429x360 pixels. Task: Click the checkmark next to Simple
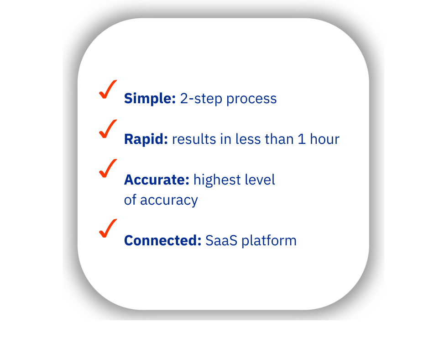pos(108,89)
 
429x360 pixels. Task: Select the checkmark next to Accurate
pos(108,169)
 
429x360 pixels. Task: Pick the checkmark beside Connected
pos(108,228)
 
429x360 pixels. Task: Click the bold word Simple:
pos(150,99)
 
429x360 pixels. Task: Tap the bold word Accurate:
pos(157,180)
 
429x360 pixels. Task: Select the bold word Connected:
pos(162,240)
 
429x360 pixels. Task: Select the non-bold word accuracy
pos(169,201)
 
